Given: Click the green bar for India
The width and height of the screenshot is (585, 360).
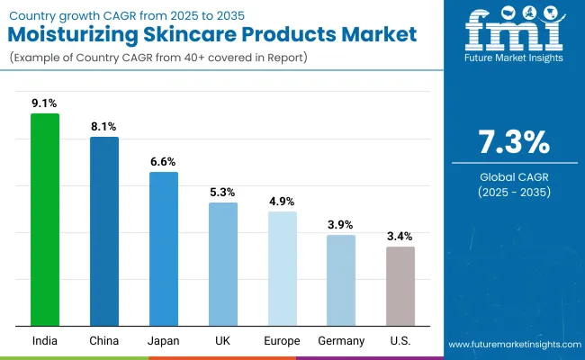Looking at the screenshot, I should click(x=45, y=220).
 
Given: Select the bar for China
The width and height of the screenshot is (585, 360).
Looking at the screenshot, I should click(x=104, y=231).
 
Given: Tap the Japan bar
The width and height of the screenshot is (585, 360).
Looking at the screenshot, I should click(x=164, y=248).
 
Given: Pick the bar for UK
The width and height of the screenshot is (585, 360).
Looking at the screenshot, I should click(x=223, y=264).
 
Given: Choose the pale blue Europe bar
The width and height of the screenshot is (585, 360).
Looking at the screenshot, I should click(x=283, y=268).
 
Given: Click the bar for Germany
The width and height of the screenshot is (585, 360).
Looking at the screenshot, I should click(x=341, y=280).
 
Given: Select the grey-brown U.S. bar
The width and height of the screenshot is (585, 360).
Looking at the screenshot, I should click(x=400, y=285).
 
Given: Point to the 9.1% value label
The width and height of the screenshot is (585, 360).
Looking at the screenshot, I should click(x=45, y=103).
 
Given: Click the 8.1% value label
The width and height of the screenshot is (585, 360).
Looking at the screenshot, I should click(x=104, y=127).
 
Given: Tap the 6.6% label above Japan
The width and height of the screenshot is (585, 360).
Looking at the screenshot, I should click(x=164, y=162).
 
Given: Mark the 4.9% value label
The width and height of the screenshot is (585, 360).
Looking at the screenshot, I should click(x=283, y=202).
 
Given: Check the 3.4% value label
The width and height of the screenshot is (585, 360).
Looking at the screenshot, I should click(x=400, y=237).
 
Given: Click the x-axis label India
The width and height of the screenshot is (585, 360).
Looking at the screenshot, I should click(x=45, y=340).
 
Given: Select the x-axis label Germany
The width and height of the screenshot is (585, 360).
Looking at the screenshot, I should click(x=341, y=340).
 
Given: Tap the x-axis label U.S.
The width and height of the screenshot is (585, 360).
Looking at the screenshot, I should click(x=400, y=340).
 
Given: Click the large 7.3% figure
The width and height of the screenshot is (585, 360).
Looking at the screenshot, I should click(x=512, y=142).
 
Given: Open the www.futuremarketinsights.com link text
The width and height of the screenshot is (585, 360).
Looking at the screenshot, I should click(x=512, y=345).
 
